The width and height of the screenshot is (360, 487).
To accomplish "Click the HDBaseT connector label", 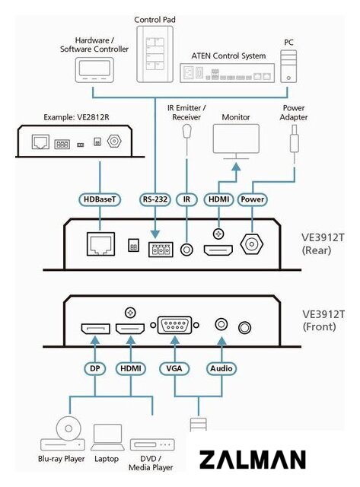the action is pyautogui.click(x=100, y=199).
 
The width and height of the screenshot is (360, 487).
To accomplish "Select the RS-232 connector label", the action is pyautogui.click(x=155, y=199).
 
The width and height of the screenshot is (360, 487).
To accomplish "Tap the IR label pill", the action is pyautogui.click(x=186, y=199).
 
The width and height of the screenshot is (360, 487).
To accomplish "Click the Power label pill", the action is pyautogui.click(x=252, y=199).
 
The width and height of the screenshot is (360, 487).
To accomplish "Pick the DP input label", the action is pyautogui.click(x=94, y=368).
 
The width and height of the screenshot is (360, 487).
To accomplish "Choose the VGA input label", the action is pyautogui.click(x=174, y=368).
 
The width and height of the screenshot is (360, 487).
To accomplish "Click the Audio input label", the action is pyautogui.click(x=221, y=368).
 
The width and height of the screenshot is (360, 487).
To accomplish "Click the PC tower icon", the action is pyautogui.click(x=288, y=66).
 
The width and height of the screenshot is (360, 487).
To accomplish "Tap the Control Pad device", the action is pyautogui.click(x=155, y=54).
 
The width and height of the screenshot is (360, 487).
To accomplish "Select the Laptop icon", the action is pyautogui.click(x=107, y=438).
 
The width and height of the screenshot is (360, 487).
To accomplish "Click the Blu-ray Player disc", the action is pyautogui.click(x=68, y=428).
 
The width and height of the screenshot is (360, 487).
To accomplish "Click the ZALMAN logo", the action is pyautogui.click(x=252, y=460).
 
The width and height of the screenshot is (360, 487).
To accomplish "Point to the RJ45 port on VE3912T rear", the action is pyautogui.click(x=100, y=243).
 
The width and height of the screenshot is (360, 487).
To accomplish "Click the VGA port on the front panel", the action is pyautogui.click(x=174, y=325).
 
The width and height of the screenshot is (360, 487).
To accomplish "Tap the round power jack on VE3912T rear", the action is pyautogui.click(x=252, y=243).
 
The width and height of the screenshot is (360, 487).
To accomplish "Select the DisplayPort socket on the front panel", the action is pyautogui.click(x=95, y=329).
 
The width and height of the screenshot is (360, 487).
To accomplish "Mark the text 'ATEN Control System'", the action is pyautogui.click(x=228, y=56).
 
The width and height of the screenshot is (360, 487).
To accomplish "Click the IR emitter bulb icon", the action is pyautogui.click(x=186, y=131).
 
